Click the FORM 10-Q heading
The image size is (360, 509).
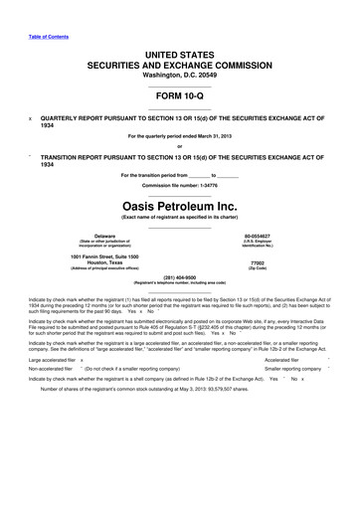tap(180, 95)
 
